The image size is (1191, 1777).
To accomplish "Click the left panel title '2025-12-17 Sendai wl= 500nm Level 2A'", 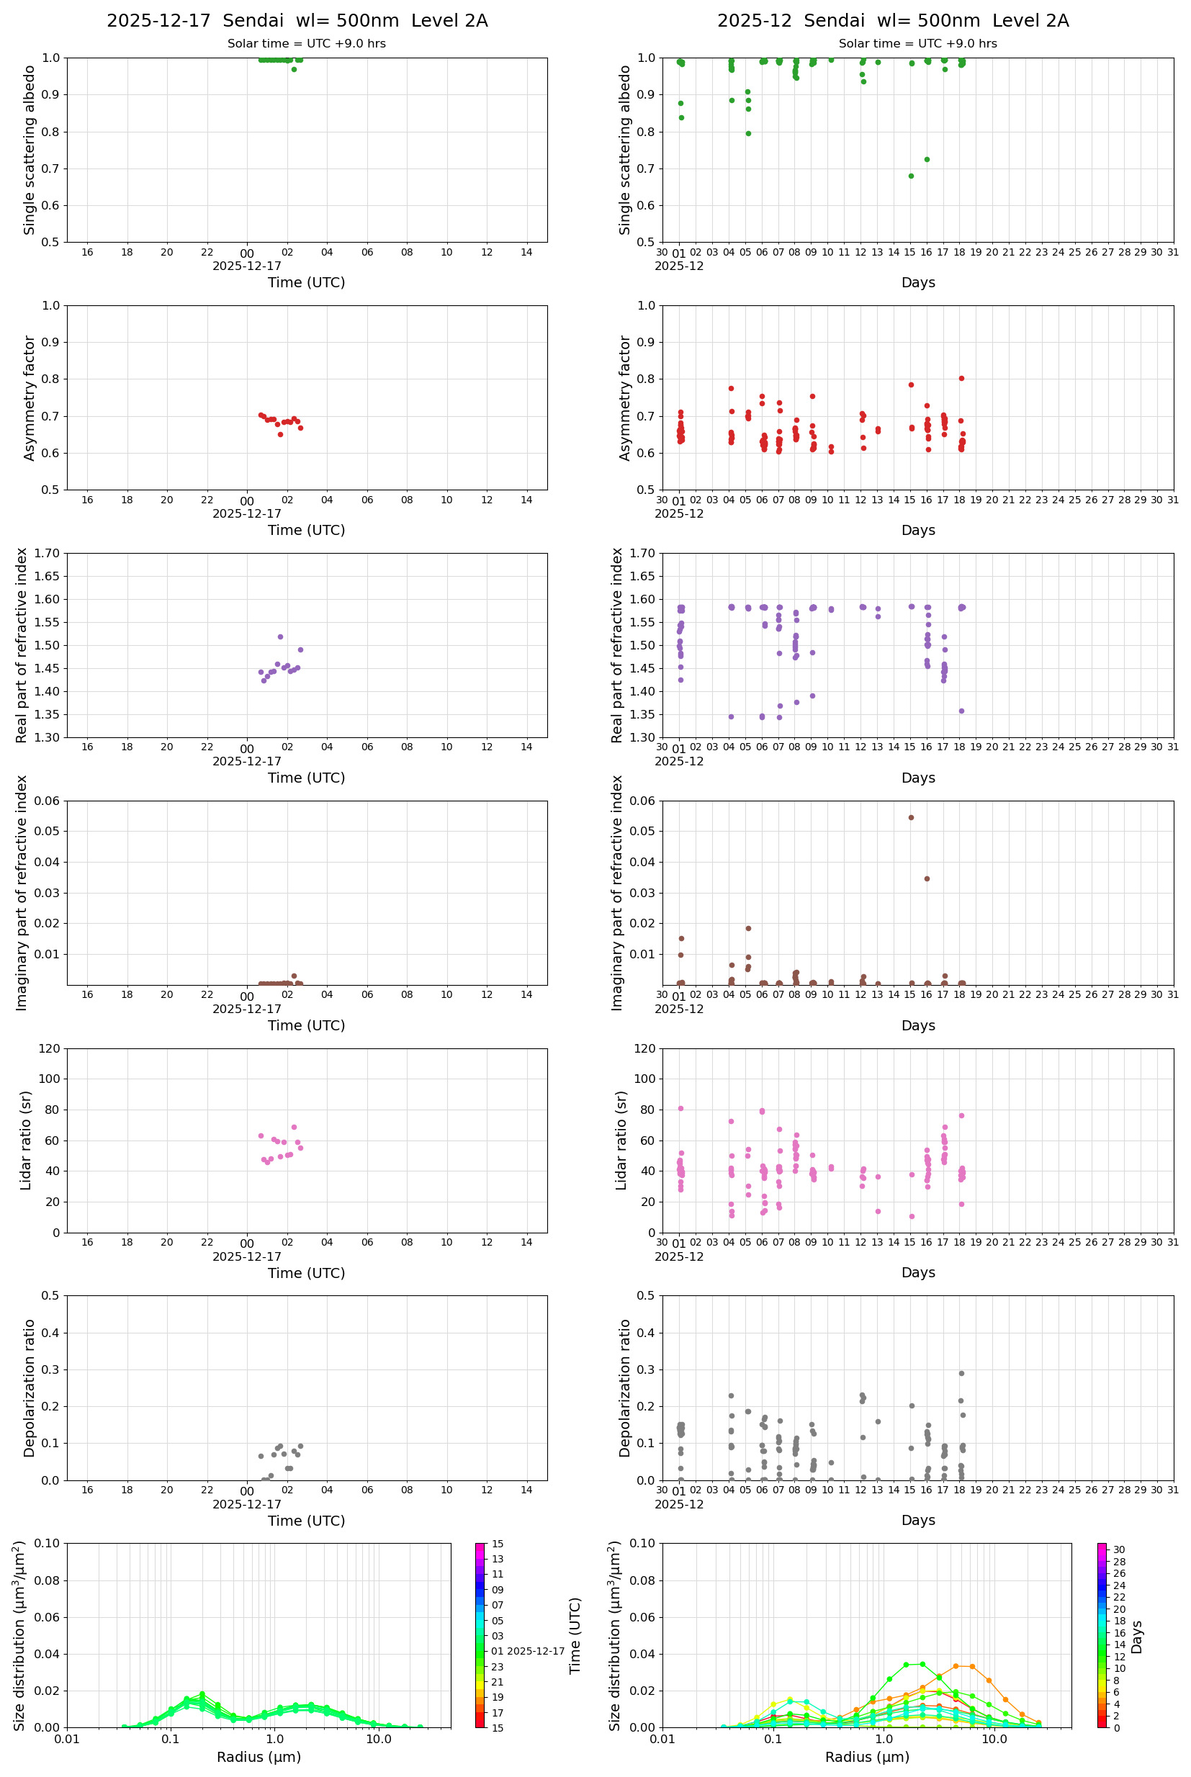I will tap(297, 20).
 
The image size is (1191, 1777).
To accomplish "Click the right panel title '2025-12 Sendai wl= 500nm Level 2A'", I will tap(892, 20).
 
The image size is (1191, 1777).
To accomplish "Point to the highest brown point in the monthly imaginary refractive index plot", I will tap(911, 818).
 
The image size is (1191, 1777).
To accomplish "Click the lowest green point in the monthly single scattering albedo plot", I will tap(911, 176).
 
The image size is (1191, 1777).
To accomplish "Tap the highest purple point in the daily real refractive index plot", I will tap(280, 637).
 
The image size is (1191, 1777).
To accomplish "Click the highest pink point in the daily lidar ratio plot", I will tap(294, 1127).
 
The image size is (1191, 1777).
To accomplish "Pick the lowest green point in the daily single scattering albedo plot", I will tap(294, 69).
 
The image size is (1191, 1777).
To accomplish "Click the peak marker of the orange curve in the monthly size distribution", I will tap(956, 1666).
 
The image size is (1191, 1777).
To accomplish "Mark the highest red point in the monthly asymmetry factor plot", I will tap(961, 378).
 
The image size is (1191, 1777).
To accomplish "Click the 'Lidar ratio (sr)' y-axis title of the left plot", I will tap(27, 1141).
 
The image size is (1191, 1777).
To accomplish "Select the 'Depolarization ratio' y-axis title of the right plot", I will tap(624, 1387).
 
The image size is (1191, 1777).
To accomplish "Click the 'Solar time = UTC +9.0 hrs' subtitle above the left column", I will tap(306, 43).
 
